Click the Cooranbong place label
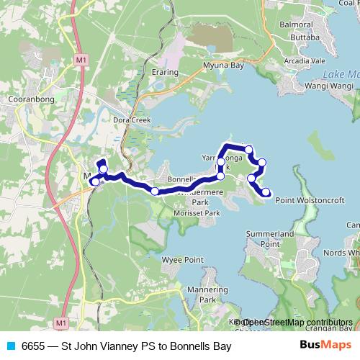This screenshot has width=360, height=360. (x=27, y=100)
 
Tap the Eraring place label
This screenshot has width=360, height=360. (x=165, y=73)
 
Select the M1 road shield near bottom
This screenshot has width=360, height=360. (x=61, y=323)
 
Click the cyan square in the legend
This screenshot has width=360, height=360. (x=12, y=346)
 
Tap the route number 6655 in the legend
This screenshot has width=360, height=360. (x=34, y=346)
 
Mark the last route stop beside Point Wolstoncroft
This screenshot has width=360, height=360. (x=266, y=192)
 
